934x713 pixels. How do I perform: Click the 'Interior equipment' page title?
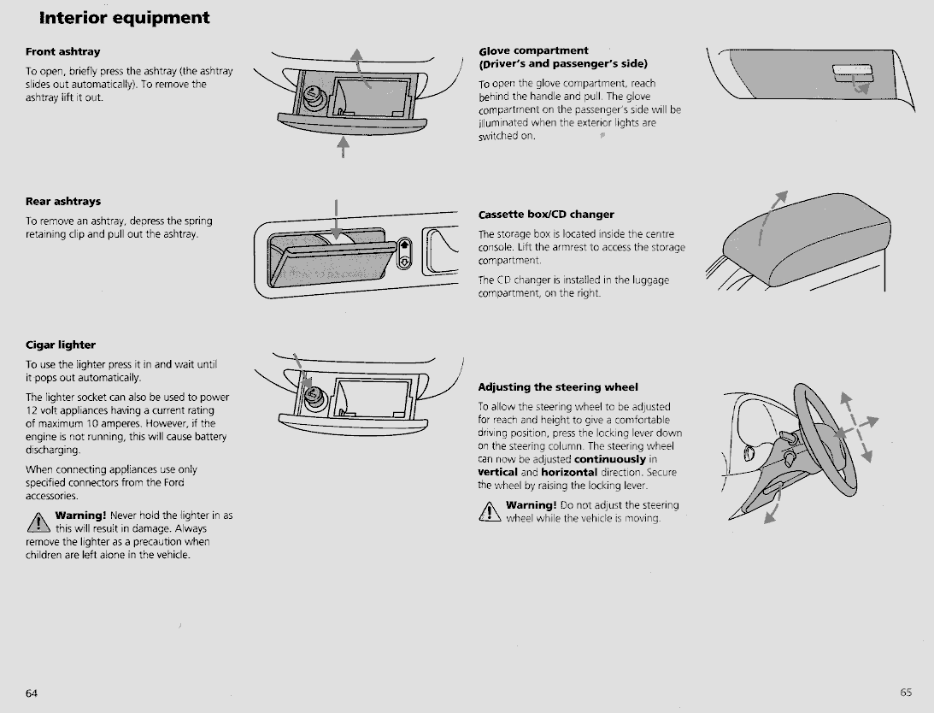pyautogui.click(x=124, y=18)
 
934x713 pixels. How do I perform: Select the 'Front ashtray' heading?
pyautogui.click(x=62, y=52)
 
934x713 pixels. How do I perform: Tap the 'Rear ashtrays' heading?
pyautogui.click(x=63, y=202)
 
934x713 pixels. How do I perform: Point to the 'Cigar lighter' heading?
pyautogui.click(x=60, y=345)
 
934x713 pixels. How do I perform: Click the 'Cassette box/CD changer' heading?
pyautogui.click(x=546, y=215)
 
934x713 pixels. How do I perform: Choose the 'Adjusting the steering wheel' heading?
pyautogui.click(x=557, y=387)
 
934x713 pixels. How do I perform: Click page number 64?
pyautogui.click(x=32, y=692)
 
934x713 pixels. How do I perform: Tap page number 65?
pyautogui.click(x=906, y=692)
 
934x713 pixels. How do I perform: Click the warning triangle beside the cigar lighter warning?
pyautogui.click(x=38, y=522)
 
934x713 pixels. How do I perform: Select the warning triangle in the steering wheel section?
pyautogui.click(x=490, y=511)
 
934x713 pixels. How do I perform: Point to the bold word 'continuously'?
pyautogui.click(x=610, y=460)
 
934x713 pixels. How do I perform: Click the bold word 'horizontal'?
pyautogui.click(x=569, y=473)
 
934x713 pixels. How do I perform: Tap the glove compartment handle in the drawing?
pyautogui.click(x=852, y=73)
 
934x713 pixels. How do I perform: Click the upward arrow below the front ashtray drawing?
pyautogui.click(x=344, y=147)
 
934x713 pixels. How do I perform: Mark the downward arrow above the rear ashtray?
pyautogui.click(x=337, y=221)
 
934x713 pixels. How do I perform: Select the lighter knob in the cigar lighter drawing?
pyautogui.click(x=314, y=396)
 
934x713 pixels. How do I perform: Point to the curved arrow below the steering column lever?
pyautogui.click(x=773, y=508)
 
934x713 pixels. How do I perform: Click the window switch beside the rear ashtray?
pyautogui.click(x=404, y=253)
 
